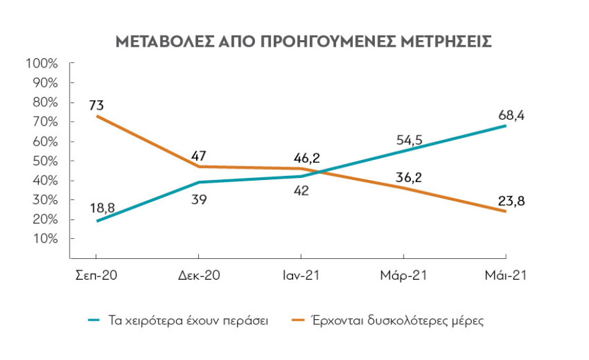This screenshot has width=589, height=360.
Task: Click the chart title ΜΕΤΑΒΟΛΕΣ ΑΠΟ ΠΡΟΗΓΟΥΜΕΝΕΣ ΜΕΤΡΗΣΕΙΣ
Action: (305, 41)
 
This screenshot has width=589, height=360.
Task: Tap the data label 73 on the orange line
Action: (96, 105)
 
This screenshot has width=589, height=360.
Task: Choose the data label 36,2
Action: (408, 177)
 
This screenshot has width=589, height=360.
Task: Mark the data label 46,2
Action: (307, 158)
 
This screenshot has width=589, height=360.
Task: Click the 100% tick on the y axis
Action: (42, 64)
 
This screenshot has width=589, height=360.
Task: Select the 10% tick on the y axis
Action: (44, 239)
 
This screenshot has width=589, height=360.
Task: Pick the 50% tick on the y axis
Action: (44, 161)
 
